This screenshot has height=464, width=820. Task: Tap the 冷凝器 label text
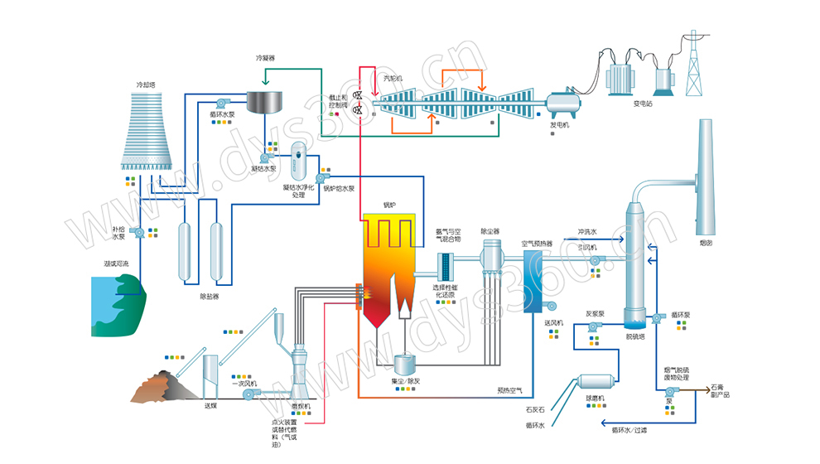point(264,58)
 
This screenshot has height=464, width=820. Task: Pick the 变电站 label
point(644,104)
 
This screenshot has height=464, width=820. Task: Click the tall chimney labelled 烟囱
point(705,174)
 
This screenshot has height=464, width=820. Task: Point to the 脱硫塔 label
point(635,336)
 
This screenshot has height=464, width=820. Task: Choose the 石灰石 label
point(535,408)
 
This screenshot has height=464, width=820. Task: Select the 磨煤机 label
point(301,406)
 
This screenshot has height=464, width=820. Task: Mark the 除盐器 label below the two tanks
point(210,296)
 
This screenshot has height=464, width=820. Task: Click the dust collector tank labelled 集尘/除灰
point(406,363)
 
